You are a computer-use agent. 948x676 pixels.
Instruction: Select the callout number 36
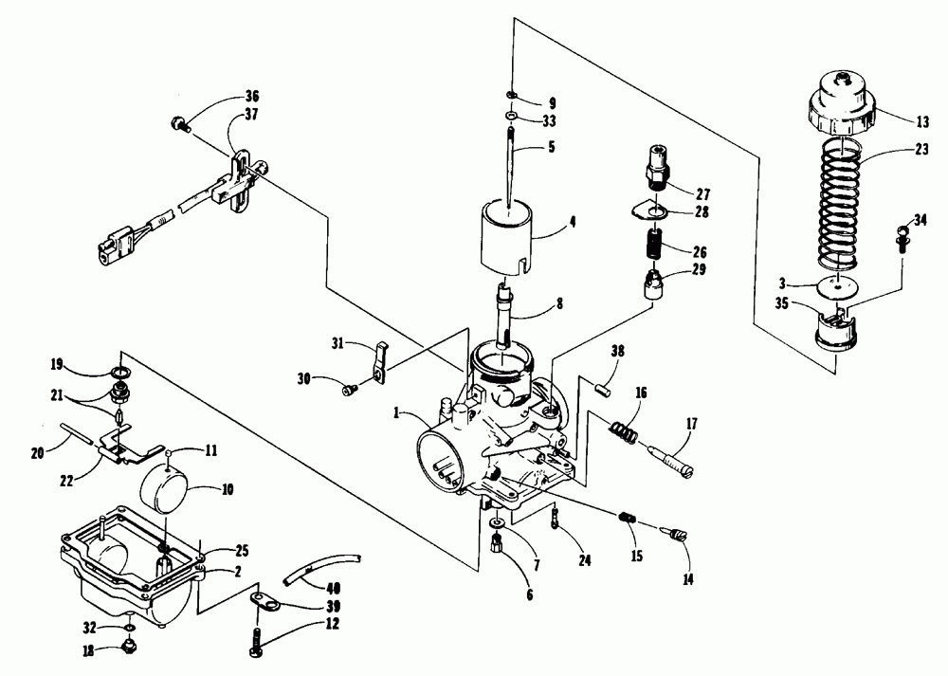(x=225, y=96)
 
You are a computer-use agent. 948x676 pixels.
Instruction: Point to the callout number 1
(x=401, y=413)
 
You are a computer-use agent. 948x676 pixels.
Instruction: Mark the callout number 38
(x=617, y=350)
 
